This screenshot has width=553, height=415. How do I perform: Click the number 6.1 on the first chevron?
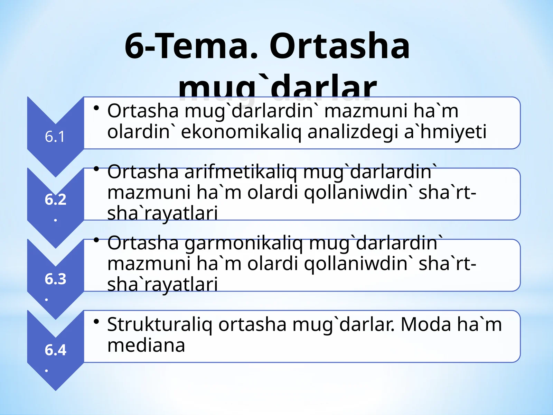tap(55, 137)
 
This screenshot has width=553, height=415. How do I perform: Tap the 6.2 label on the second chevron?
tap(55, 200)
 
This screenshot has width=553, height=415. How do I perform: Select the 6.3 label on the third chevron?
tap(55, 279)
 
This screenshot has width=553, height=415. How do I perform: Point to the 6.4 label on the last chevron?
tap(55, 350)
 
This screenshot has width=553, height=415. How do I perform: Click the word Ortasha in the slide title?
tap(339, 46)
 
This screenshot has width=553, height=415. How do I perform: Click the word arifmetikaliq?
tap(240, 172)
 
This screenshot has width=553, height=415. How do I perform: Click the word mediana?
tap(146, 345)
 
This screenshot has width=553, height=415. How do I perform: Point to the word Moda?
tap(425, 324)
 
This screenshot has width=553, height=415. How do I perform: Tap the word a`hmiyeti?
tap(446, 132)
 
